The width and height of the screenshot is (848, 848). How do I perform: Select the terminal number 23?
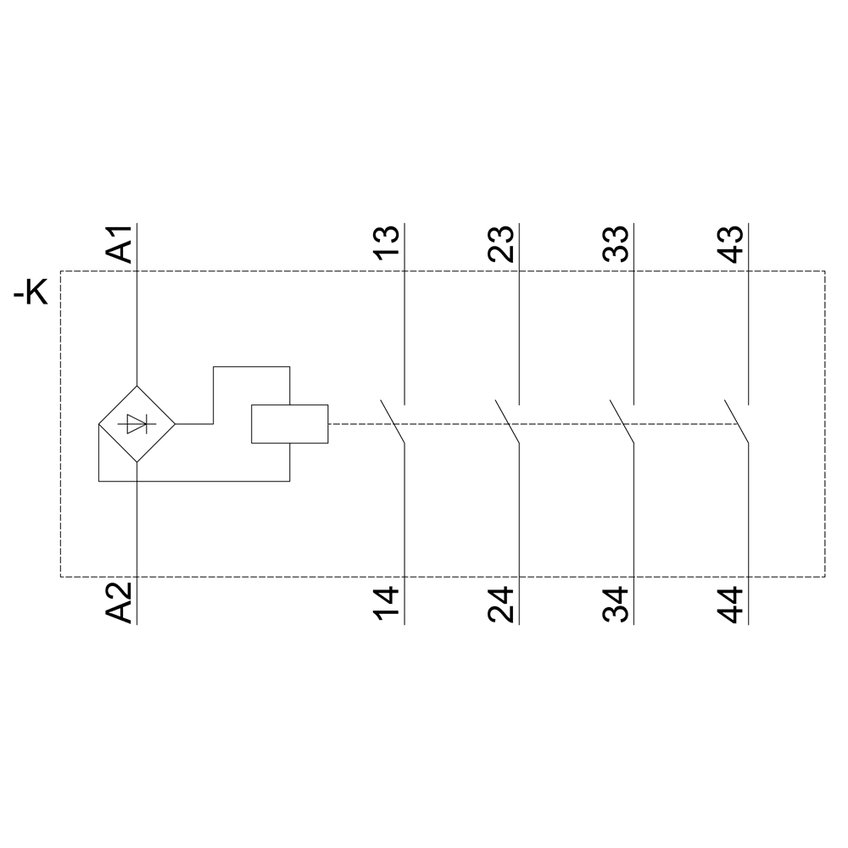pyautogui.click(x=501, y=243)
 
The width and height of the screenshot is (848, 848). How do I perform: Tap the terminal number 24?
pyautogui.click(x=501, y=604)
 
